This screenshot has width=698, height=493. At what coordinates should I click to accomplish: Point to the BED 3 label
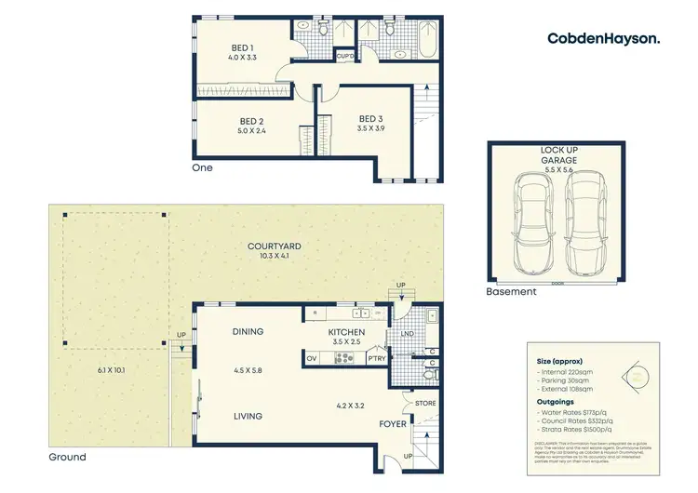click(371, 118)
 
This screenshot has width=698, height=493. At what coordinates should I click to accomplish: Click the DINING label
click(248, 331)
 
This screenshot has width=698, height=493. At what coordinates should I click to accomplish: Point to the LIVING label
click(248, 416)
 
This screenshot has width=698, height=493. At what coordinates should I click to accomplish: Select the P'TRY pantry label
click(377, 357)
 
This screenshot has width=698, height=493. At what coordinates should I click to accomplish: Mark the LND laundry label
click(407, 333)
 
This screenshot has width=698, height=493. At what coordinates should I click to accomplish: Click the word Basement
click(512, 291)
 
